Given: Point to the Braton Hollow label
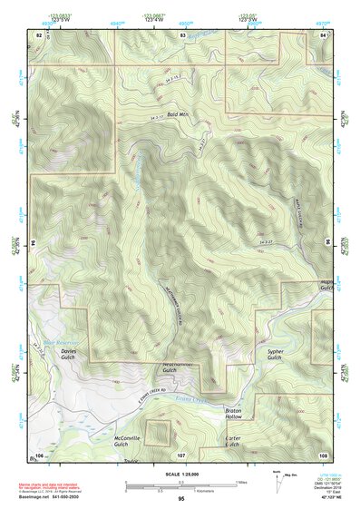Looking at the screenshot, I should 234,415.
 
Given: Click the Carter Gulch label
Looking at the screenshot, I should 231,442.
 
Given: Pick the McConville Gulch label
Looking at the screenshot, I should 127,442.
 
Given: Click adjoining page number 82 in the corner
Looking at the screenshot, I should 39,34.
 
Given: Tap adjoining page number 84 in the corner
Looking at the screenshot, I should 324,34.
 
